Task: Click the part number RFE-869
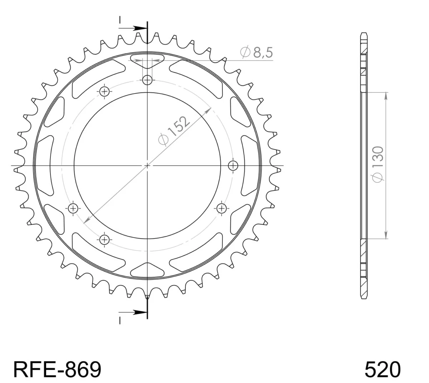(x=57, y=369)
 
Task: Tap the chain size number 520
(x=383, y=369)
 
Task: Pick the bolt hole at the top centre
(x=147, y=80)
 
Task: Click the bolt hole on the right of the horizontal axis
(x=233, y=166)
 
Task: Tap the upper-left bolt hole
(x=104, y=92)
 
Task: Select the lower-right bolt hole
(x=222, y=209)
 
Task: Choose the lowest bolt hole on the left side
(x=104, y=240)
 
